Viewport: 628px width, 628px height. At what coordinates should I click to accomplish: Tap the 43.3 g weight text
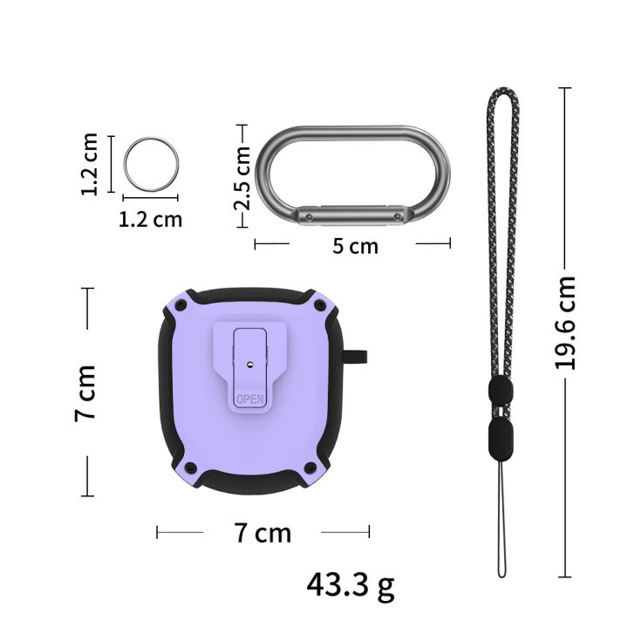click(351, 585)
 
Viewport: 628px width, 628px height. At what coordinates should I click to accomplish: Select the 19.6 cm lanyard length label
click(565, 323)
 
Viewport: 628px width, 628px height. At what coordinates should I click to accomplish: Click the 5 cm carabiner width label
click(355, 245)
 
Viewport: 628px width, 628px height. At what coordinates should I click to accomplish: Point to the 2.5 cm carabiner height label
click(242, 178)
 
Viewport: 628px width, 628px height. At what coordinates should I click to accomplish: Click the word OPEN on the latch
click(250, 399)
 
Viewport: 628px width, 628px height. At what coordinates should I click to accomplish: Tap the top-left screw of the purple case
click(181, 305)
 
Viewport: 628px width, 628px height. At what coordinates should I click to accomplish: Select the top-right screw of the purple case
click(320, 305)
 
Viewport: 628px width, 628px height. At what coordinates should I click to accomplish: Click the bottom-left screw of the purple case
click(191, 467)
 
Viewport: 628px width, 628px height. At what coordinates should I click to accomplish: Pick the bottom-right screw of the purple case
click(311, 467)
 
